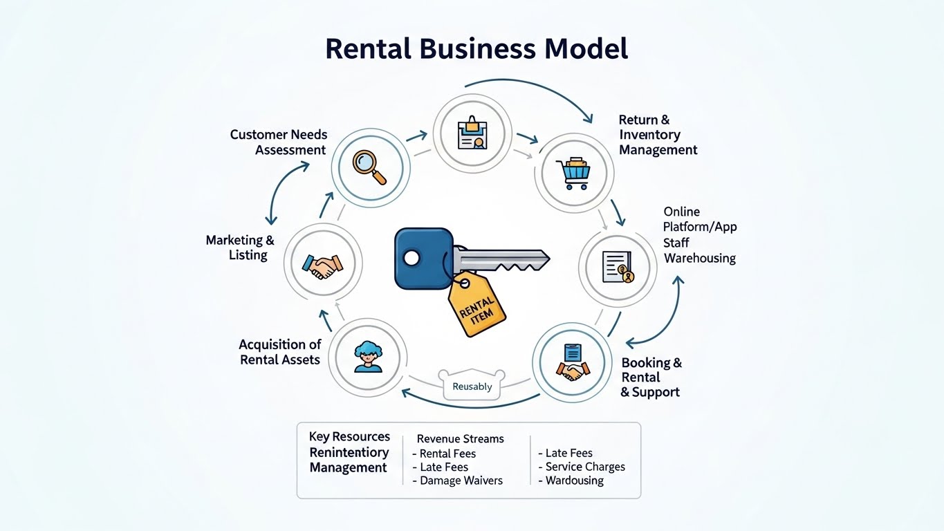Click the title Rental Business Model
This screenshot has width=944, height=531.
click(x=476, y=49)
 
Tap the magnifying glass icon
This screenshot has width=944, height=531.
click(x=369, y=167)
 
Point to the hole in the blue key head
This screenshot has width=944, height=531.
click(x=411, y=259)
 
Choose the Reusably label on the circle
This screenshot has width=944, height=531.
click(x=472, y=386)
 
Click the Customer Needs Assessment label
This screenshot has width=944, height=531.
click(x=279, y=142)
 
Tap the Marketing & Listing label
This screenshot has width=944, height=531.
click(x=240, y=248)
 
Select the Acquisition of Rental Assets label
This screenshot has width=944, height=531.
click(x=280, y=352)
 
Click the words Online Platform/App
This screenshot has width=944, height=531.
click(x=700, y=219)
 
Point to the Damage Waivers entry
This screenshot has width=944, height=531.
click(x=461, y=481)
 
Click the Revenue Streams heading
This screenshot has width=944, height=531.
click(x=460, y=438)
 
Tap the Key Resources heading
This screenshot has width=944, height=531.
click(x=349, y=436)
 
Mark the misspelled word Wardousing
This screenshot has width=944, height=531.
click(x=574, y=481)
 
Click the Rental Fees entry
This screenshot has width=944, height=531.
click(x=447, y=454)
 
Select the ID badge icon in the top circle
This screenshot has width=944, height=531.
click(x=472, y=133)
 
